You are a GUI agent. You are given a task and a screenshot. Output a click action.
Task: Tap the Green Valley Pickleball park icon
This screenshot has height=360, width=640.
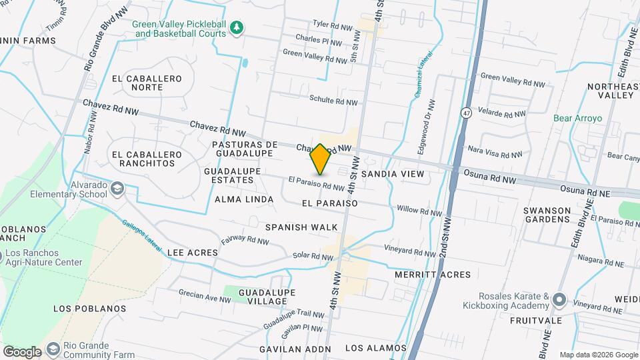(x=236, y=27)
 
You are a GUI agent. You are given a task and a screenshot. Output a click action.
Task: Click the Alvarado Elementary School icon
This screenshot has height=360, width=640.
(x=117, y=189)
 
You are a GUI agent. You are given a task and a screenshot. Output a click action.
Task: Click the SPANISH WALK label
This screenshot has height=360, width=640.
(x=301, y=227)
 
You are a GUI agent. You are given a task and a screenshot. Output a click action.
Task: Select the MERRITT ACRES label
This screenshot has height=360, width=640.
(x=433, y=275)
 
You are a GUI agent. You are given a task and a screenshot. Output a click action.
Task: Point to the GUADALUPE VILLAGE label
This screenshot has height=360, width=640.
(x=263, y=297)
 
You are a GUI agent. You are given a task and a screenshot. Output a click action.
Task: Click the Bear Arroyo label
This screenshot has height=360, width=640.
(x=577, y=119)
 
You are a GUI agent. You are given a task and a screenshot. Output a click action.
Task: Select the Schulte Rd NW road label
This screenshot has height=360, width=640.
(x=333, y=101)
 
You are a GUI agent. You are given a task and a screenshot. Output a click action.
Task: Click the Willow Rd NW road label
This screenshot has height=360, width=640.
(x=419, y=211)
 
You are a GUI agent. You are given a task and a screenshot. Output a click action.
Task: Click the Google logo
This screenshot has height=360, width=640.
(x=22, y=351)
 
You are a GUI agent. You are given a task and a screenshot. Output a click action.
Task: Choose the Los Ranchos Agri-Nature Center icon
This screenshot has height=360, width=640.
(x=2, y=255)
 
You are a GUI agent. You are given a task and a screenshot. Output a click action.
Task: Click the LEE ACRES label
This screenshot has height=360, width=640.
(x=193, y=253)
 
